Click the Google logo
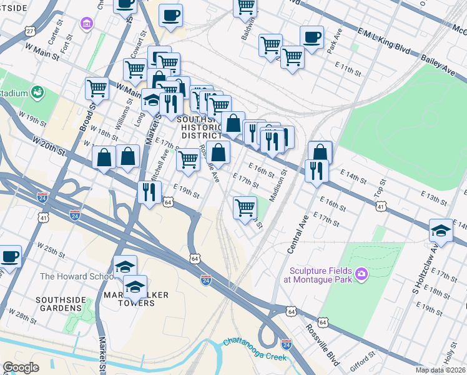click(x=21, y=367)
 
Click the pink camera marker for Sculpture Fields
click(x=361, y=274)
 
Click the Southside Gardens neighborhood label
click(x=60, y=304)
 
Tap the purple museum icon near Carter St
click(x=86, y=23)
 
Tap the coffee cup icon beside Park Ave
click(x=312, y=36)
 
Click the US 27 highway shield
click(x=30, y=31)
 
